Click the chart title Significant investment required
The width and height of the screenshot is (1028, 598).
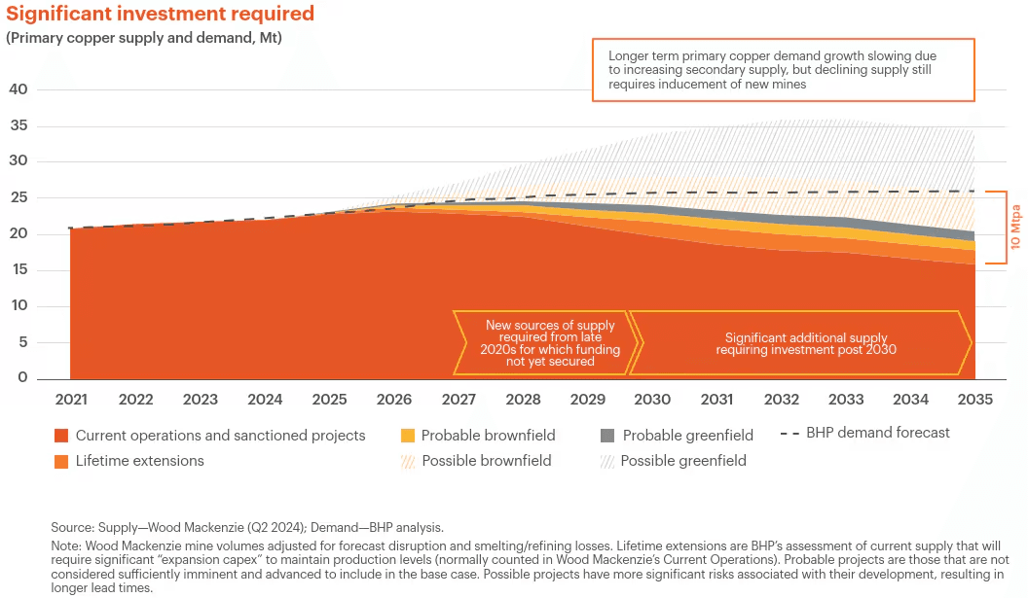(x=161, y=14)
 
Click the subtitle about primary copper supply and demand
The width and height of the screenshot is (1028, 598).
(x=150, y=38)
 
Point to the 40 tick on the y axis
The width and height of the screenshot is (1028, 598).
(x=18, y=89)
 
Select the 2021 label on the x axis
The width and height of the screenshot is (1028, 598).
(x=71, y=400)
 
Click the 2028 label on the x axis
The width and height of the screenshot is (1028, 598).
(x=523, y=400)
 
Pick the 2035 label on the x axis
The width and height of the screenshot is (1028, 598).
(x=974, y=400)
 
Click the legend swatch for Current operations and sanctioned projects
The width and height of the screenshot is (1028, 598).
(x=61, y=436)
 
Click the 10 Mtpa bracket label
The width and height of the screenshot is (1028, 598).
(x=1015, y=228)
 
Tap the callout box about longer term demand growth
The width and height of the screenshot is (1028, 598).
(x=783, y=70)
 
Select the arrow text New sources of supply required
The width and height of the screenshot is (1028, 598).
(x=550, y=342)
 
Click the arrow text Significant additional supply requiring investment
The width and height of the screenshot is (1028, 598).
(x=806, y=343)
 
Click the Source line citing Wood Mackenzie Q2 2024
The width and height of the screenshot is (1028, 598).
(x=248, y=528)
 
